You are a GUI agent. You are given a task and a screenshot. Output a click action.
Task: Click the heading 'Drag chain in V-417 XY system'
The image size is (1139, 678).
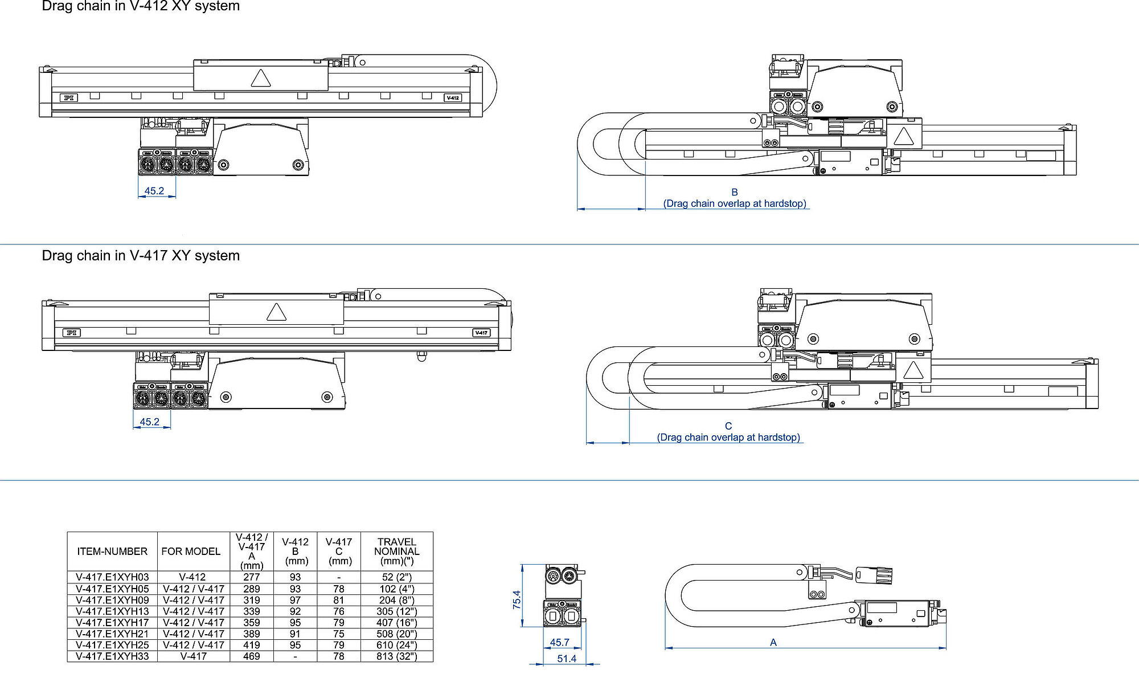pyautogui.click(x=141, y=255)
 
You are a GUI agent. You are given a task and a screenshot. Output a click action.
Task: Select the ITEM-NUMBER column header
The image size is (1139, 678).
pyautogui.click(x=112, y=551)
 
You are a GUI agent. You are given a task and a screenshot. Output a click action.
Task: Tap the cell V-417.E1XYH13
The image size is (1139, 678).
pyautogui.click(x=112, y=611)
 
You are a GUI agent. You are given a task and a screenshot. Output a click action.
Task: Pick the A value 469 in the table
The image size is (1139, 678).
pyautogui.click(x=251, y=656)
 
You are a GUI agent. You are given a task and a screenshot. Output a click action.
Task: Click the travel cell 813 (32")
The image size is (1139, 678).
pyautogui.click(x=397, y=656)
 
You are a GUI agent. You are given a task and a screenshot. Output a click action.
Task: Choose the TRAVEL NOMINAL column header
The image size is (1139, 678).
pyautogui.click(x=397, y=551)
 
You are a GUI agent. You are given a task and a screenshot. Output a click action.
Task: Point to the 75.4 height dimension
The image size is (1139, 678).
pyautogui.click(x=517, y=599)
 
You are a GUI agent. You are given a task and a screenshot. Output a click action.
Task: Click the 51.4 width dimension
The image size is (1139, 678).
pyautogui.click(x=567, y=659)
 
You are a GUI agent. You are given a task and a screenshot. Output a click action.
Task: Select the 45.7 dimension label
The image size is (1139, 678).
pyautogui.click(x=559, y=642)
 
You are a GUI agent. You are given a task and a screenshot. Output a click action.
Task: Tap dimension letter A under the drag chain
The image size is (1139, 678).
pyautogui.click(x=773, y=642)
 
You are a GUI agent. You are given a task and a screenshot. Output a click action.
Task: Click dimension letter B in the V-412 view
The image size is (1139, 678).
pyautogui.click(x=735, y=193)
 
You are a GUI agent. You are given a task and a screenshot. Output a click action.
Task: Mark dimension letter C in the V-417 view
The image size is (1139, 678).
pyautogui.click(x=728, y=426)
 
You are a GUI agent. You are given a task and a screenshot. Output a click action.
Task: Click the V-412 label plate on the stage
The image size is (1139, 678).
pyautogui.click(x=453, y=98)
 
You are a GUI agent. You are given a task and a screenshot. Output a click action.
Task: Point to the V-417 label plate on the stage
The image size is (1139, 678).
pyautogui.click(x=481, y=333)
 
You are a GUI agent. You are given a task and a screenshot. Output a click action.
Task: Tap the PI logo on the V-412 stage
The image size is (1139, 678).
pyautogui.click(x=69, y=98)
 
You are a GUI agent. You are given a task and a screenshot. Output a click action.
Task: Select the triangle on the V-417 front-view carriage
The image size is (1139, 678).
pyautogui.click(x=276, y=312)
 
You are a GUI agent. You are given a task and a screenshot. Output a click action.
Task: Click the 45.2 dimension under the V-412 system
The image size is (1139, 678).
pyautogui.click(x=154, y=191)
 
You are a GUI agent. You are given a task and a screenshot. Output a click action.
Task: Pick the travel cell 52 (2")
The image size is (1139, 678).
pyautogui.click(x=397, y=577)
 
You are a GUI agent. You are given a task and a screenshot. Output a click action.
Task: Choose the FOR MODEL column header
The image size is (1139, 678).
pyautogui.click(x=191, y=551)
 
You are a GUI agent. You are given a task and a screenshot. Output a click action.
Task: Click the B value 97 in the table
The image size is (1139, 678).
pyautogui.click(x=295, y=600)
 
